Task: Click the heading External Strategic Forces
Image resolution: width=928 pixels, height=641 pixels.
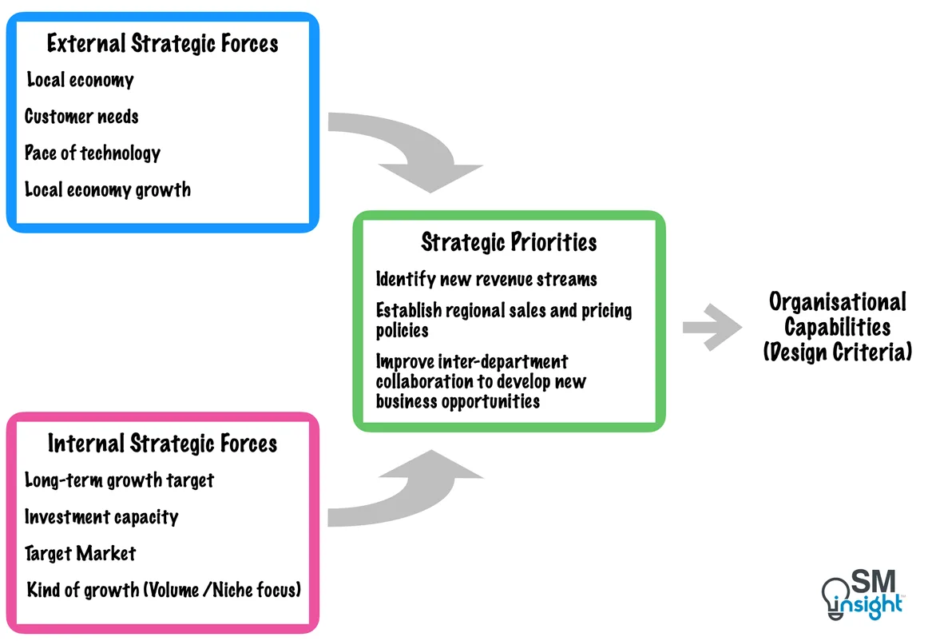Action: pyautogui.click(x=162, y=43)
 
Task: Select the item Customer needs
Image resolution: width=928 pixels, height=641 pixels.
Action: pyautogui.click(x=81, y=117)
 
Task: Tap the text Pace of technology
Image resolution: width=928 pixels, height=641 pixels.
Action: pyautogui.click(x=93, y=153)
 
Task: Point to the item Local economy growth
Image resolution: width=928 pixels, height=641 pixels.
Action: pyautogui.click(x=108, y=190)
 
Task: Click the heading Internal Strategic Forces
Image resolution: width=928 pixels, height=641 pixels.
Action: pyautogui.click(x=162, y=444)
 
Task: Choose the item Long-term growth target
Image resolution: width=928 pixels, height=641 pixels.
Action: pyautogui.click(x=119, y=480)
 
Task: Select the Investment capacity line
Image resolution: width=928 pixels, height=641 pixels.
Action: pyautogui.click(x=101, y=517)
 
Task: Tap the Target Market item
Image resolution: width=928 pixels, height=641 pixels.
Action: pyautogui.click(x=80, y=554)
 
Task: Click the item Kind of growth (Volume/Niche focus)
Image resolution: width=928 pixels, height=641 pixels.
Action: pyautogui.click(x=164, y=591)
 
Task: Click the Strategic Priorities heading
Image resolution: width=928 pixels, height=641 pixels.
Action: pyautogui.click(x=509, y=242)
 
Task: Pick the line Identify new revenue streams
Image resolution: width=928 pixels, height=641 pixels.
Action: pyautogui.click(x=486, y=279)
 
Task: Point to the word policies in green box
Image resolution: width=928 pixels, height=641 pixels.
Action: pyautogui.click(x=403, y=331)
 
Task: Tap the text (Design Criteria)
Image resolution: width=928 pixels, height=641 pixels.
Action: pyautogui.click(x=837, y=352)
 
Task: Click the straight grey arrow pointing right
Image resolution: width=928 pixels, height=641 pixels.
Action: pyautogui.click(x=712, y=327)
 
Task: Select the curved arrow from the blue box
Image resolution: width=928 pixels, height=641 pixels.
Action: pyautogui.click(x=415, y=152)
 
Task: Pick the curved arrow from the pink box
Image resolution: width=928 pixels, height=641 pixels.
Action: pyautogui.click(x=415, y=492)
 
